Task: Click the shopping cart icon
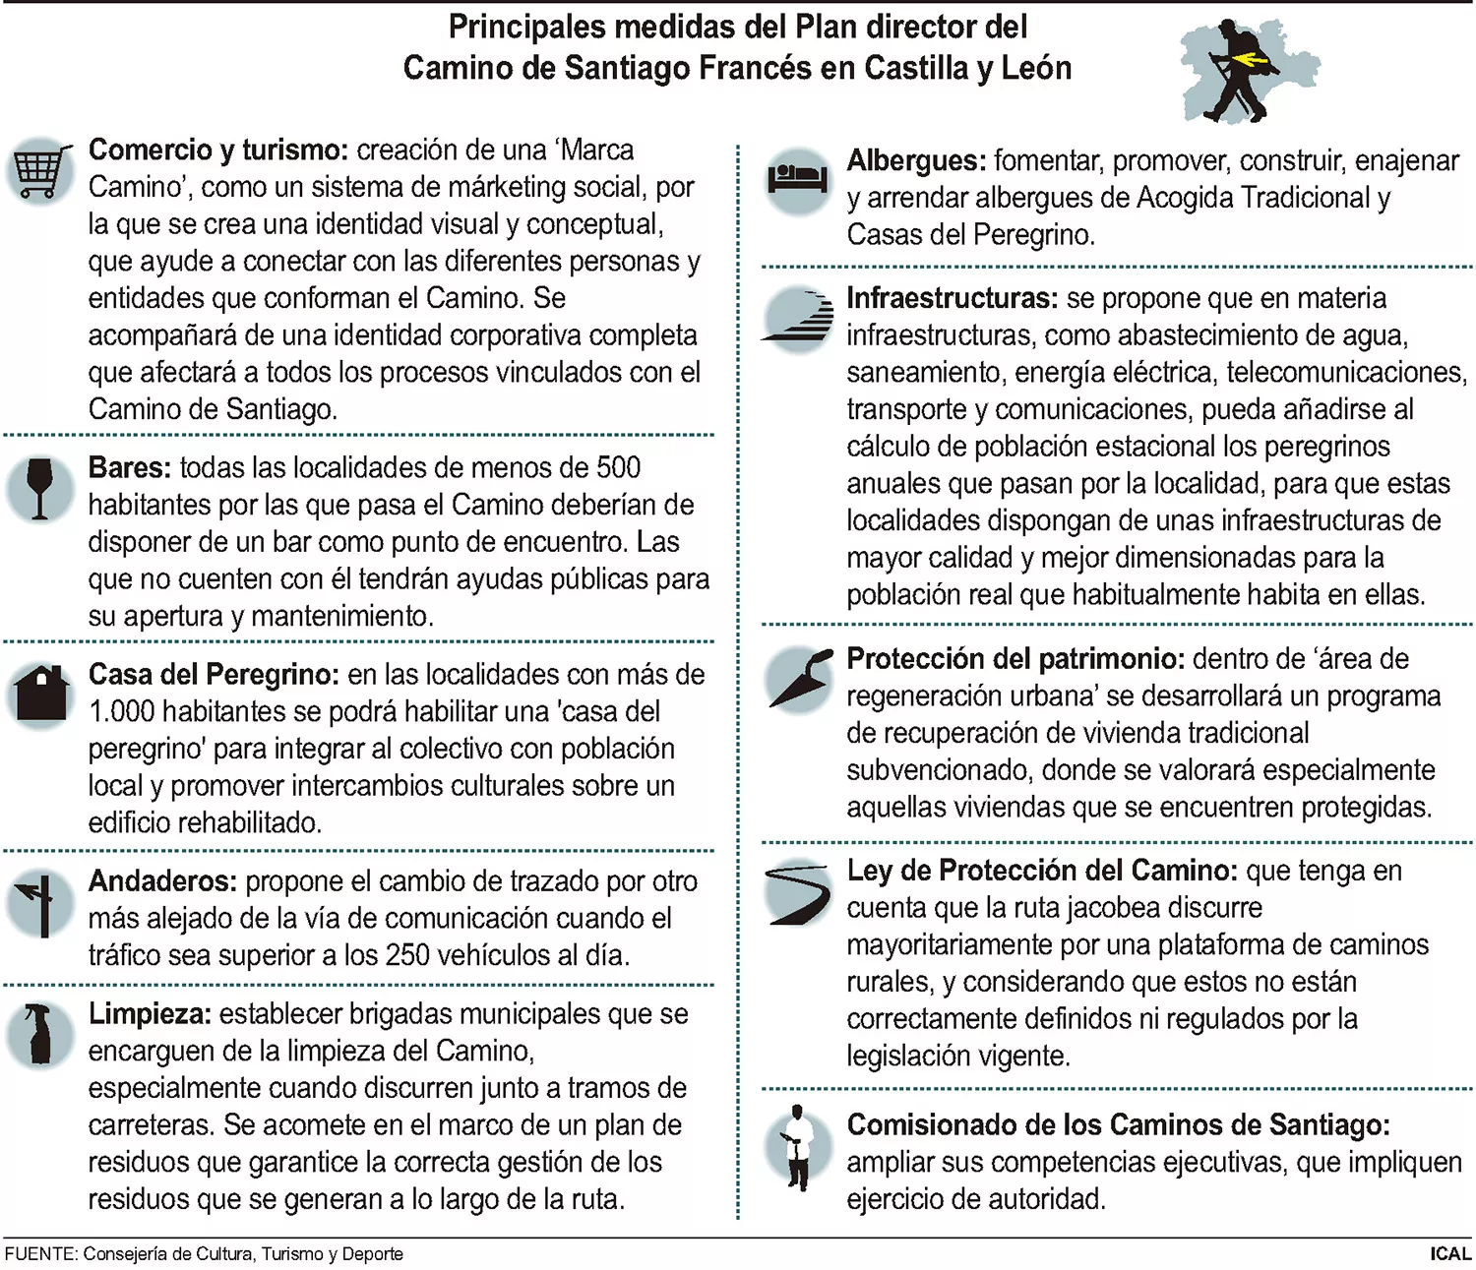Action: click(x=41, y=173)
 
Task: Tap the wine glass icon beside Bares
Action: click(x=39, y=488)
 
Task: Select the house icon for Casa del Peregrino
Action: click(x=40, y=694)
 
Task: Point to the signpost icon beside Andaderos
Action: click(x=40, y=903)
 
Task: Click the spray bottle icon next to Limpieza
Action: click(x=40, y=1034)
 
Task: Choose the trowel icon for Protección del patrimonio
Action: click(x=799, y=678)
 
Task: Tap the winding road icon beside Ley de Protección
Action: click(x=797, y=892)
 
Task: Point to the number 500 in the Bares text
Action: click(x=618, y=467)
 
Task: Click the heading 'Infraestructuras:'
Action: click(x=952, y=298)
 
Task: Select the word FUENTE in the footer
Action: click(x=39, y=1254)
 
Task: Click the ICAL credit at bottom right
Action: click(x=1450, y=1254)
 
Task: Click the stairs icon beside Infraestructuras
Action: click(x=798, y=315)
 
